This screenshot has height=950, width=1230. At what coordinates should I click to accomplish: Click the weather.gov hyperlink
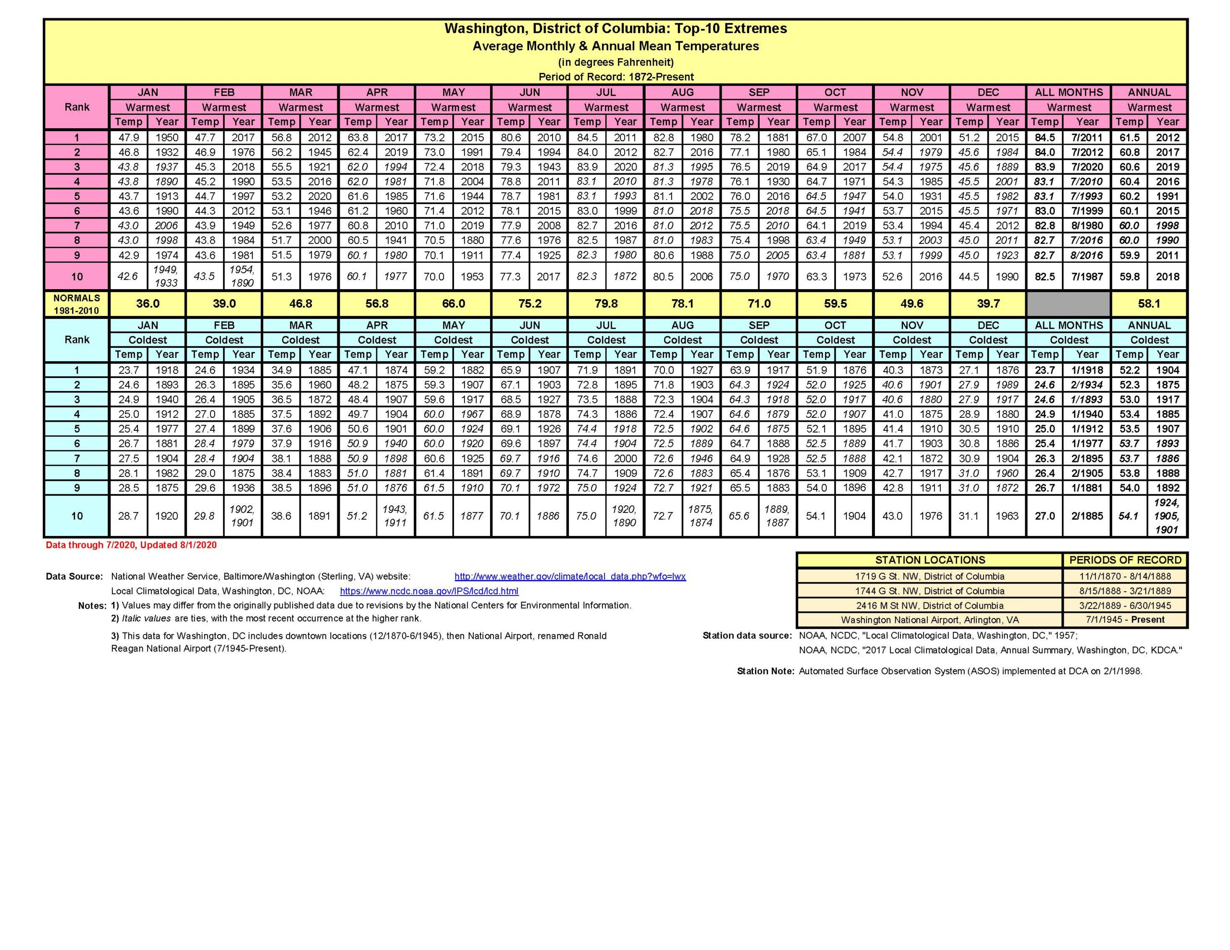pyautogui.click(x=570, y=577)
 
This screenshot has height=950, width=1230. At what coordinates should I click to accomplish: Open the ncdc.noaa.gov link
pyautogui.click(x=429, y=591)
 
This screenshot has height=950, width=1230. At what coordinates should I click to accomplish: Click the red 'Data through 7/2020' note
pyautogui.click(x=131, y=545)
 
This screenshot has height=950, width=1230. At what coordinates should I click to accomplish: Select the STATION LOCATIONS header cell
pyautogui.click(x=930, y=560)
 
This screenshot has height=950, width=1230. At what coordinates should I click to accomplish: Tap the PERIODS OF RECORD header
pyautogui.click(x=1125, y=560)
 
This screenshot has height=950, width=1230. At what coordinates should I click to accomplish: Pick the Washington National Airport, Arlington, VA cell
pyautogui.click(x=930, y=620)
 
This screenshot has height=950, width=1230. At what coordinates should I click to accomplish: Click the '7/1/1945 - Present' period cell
pyautogui.click(x=1125, y=620)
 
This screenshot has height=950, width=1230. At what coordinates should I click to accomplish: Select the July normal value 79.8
pyautogui.click(x=606, y=304)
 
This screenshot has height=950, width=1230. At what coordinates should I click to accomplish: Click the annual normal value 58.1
pyautogui.click(x=1149, y=304)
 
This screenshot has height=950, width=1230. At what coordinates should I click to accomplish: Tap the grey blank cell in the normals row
pyautogui.click(x=1069, y=304)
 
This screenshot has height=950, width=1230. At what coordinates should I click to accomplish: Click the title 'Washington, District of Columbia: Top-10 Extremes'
pyautogui.click(x=615, y=29)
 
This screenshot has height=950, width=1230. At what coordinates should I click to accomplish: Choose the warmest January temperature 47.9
pyautogui.click(x=128, y=137)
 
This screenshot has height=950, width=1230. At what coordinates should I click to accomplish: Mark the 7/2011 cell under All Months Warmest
pyautogui.click(x=1086, y=137)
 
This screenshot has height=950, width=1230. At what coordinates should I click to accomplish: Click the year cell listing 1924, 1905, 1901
pyautogui.click(x=1167, y=516)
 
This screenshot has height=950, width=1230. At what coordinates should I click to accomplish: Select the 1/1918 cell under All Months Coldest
pyautogui.click(x=1086, y=370)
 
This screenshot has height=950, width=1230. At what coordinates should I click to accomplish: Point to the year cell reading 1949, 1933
pyautogui.click(x=166, y=277)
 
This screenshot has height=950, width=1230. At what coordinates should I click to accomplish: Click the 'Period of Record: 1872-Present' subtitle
pyautogui.click(x=615, y=76)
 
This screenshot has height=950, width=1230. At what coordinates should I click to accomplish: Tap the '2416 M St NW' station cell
pyautogui.click(x=930, y=605)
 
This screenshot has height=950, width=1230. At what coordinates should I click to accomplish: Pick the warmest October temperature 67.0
pyautogui.click(x=816, y=137)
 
